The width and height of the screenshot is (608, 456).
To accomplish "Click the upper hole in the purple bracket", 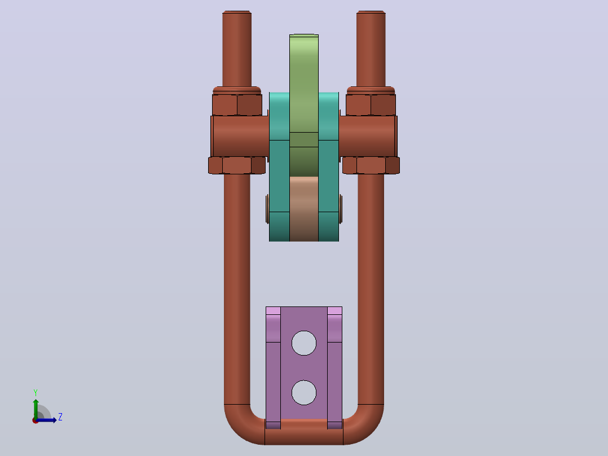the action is [x=303, y=343].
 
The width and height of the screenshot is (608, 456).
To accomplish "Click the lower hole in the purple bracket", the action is [x=303, y=393].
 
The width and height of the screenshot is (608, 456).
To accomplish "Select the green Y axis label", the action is [x=36, y=392].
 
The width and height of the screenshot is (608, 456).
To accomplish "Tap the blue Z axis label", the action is [x=60, y=417].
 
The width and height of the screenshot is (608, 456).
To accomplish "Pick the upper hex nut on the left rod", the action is [x=237, y=105].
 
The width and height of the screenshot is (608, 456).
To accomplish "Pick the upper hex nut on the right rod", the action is [x=371, y=105].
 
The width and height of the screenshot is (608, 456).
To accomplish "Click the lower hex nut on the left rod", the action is [x=237, y=165].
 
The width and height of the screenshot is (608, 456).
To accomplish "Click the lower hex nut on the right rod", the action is [x=371, y=165].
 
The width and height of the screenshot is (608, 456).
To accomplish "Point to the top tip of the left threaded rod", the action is [x=237, y=11].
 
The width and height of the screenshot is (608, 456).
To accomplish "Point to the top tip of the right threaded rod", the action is [x=371, y=11].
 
